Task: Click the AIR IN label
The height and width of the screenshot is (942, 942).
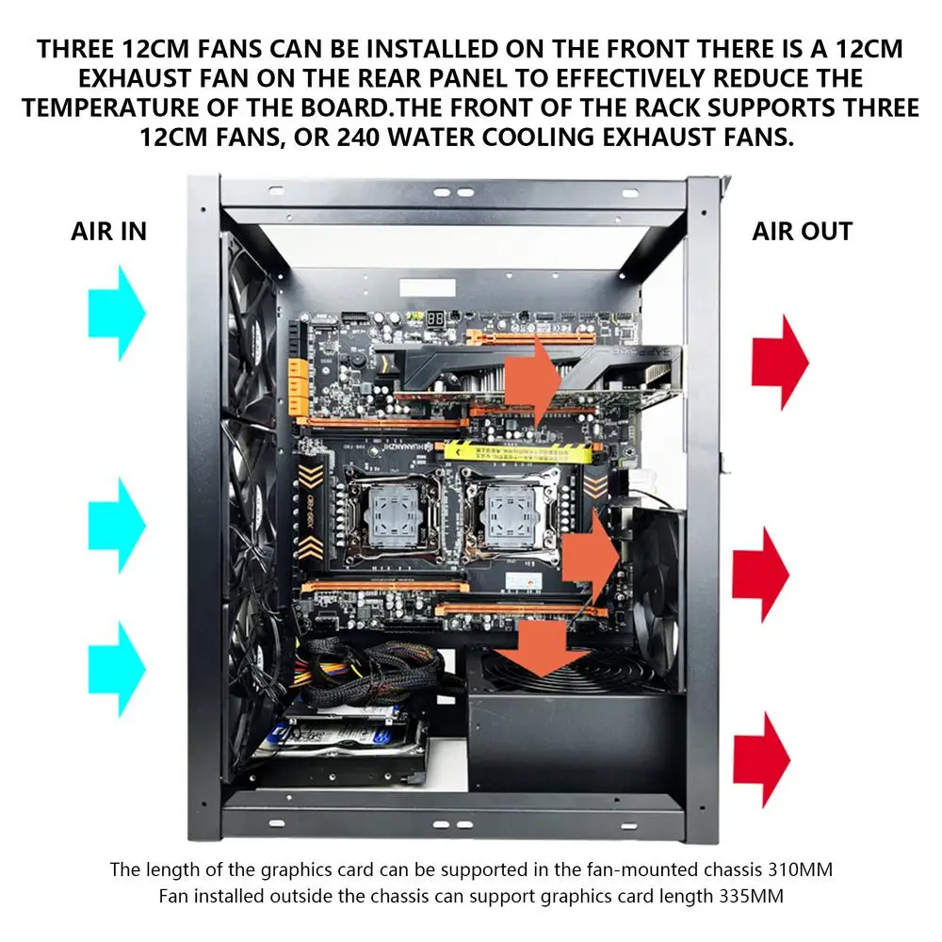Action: (x=109, y=232)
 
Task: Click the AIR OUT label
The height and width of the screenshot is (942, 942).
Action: (x=802, y=232)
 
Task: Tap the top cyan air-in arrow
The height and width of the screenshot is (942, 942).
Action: (x=118, y=313)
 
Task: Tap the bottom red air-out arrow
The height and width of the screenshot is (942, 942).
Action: (x=761, y=759)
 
